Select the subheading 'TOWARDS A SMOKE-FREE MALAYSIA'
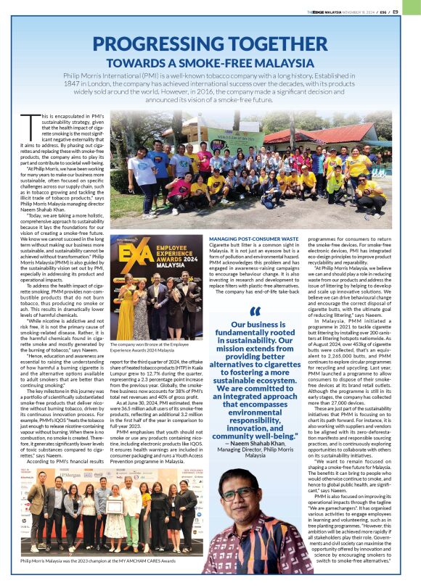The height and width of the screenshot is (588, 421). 210,62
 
